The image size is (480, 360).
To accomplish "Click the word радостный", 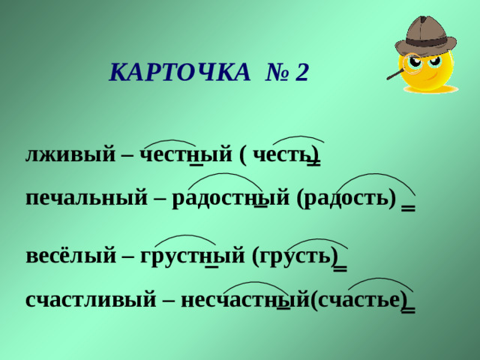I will [229, 198].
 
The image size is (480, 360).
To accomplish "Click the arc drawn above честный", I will [170, 141].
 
